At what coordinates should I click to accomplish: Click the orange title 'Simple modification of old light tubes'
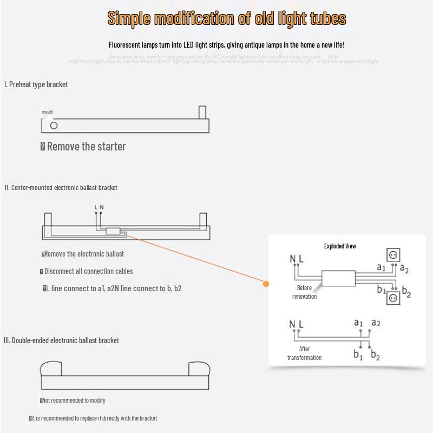[x=226, y=18]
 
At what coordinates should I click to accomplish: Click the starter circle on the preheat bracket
[x=54, y=126]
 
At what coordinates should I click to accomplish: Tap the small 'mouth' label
[x=48, y=112]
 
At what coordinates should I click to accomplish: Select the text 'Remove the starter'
[x=86, y=146]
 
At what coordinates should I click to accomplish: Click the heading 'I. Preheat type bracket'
[x=36, y=84]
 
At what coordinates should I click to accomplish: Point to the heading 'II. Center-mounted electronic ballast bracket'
[x=61, y=188]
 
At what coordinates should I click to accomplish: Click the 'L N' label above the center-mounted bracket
[x=99, y=207]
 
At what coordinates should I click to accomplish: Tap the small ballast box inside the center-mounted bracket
[x=114, y=231]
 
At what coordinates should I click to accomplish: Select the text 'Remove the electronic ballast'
[x=83, y=254]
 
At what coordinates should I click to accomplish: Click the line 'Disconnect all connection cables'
[x=88, y=271]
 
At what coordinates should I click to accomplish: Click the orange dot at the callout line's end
[x=266, y=284]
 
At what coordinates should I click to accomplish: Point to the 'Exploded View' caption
[x=340, y=246]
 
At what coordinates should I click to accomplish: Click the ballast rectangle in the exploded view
[x=338, y=278]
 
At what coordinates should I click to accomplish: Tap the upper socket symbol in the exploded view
[x=393, y=254]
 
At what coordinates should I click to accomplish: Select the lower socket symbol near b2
[x=393, y=298]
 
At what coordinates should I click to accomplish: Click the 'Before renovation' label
[x=304, y=292]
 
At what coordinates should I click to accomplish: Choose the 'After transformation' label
[x=304, y=353]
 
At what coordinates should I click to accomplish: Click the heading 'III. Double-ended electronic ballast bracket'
[x=61, y=340]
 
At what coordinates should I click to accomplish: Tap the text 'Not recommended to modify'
[x=74, y=401]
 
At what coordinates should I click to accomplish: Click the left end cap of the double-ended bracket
[x=51, y=369]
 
